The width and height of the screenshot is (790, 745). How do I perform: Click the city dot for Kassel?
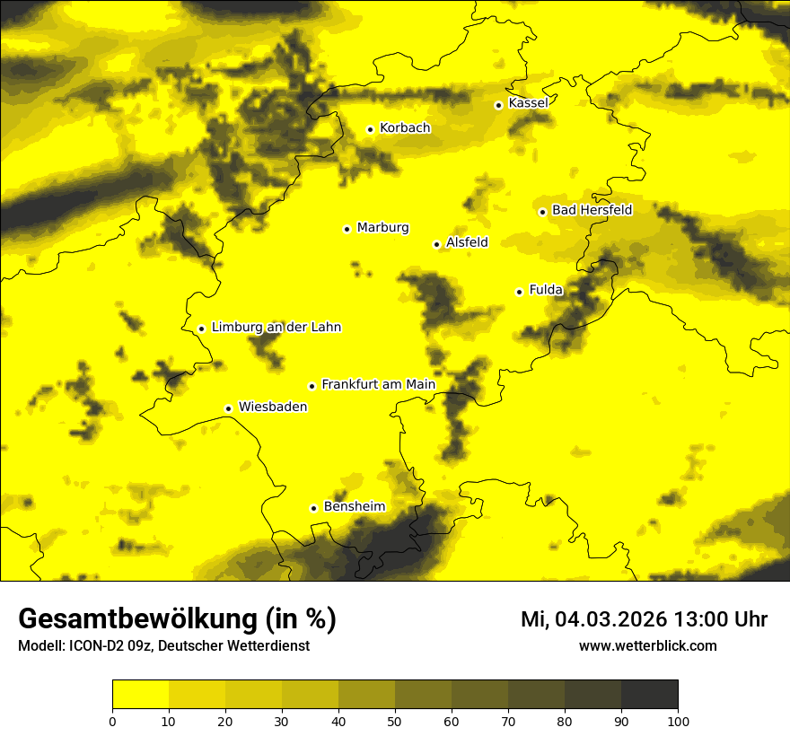click(498, 105)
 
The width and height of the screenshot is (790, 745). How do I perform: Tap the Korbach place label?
click(405, 128)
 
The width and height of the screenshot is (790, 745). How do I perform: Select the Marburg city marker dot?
click(347, 229)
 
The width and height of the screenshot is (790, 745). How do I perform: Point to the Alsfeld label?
click(467, 242)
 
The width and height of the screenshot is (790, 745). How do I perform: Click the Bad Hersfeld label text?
click(592, 210)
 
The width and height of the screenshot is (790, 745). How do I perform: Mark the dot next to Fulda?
click(519, 292)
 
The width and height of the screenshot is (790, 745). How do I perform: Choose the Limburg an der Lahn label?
click(276, 328)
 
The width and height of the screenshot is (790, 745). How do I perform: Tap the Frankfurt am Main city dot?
click(312, 386)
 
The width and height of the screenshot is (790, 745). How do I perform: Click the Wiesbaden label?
click(273, 407)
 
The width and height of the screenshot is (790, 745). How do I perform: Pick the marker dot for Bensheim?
click(314, 508)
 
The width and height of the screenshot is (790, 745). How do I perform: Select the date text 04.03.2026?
click(610, 619)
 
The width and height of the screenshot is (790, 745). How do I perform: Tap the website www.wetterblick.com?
click(648, 646)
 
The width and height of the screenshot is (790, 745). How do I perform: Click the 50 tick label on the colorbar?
click(395, 721)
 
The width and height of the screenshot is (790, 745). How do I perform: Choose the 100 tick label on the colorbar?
click(678, 721)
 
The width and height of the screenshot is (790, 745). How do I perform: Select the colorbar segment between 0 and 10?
click(140, 695)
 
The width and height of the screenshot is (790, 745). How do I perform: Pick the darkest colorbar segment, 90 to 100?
click(649, 695)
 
